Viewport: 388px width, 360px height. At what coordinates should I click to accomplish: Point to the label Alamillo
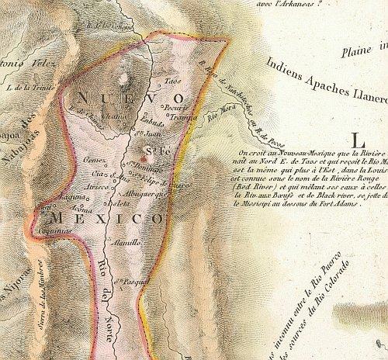[x=126, y=242]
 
